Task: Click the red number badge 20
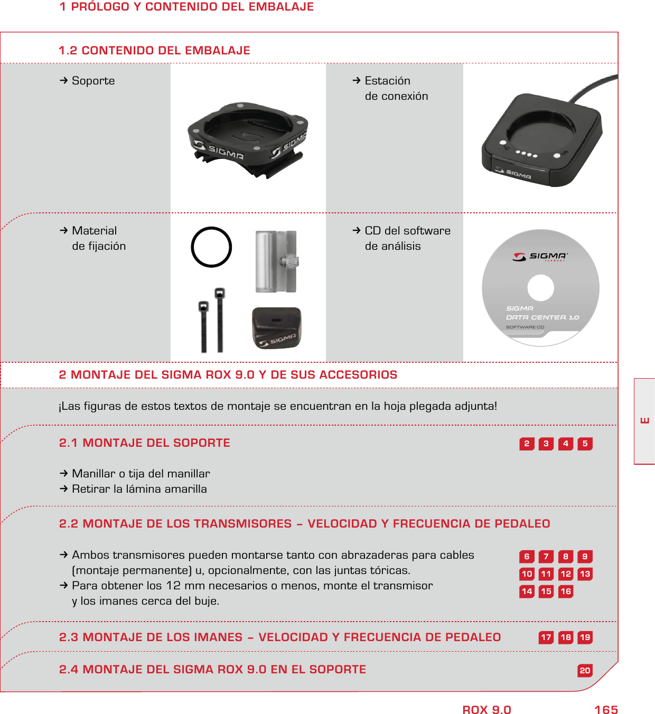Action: (x=585, y=671)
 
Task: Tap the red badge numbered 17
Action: (x=546, y=637)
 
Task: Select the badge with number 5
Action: (x=585, y=444)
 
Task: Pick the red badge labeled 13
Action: (x=585, y=574)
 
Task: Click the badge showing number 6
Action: (x=527, y=557)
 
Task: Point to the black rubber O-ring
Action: (x=211, y=247)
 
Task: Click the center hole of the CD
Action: (x=540, y=288)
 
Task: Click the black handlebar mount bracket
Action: (x=247, y=138)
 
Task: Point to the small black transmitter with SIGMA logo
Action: (x=277, y=328)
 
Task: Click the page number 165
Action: (x=606, y=710)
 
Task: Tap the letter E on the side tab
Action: (x=645, y=421)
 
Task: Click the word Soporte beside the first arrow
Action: (x=93, y=81)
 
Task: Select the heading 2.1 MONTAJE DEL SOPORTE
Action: (x=144, y=443)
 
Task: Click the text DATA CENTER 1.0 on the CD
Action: (x=542, y=317)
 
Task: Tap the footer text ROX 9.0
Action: (x=486, y=710)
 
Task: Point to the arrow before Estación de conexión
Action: (x=357, y=81)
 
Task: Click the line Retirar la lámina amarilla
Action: (x=139, y=489)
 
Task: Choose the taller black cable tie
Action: (x=220, y=319)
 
